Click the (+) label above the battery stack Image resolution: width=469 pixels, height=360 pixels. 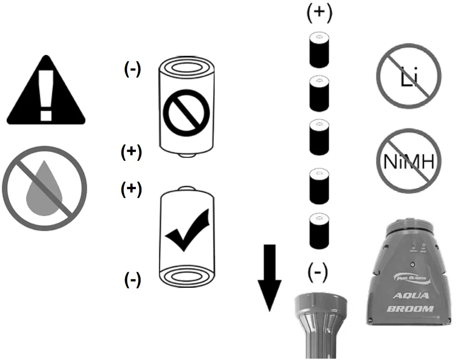tap(319, 14)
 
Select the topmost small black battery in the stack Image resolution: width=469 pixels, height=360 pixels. tap(319, 50)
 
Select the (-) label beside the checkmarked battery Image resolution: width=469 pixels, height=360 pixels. tap(132, 279)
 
